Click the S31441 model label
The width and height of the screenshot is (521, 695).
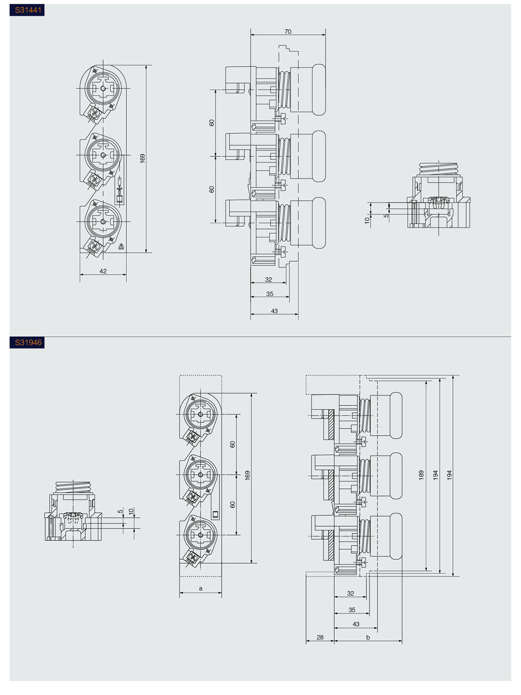point(28,10)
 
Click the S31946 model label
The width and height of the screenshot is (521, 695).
point(28,343)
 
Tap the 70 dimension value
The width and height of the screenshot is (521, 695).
point(288,32)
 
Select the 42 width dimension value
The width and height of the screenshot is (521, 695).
point(103,271)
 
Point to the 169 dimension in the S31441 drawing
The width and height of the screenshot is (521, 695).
point(142,158)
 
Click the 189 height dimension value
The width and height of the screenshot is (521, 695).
point(421,475)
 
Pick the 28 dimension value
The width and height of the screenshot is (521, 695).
point(320,637)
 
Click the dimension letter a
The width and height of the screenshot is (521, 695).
point(200,589)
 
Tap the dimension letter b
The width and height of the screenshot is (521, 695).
point(368,637)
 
